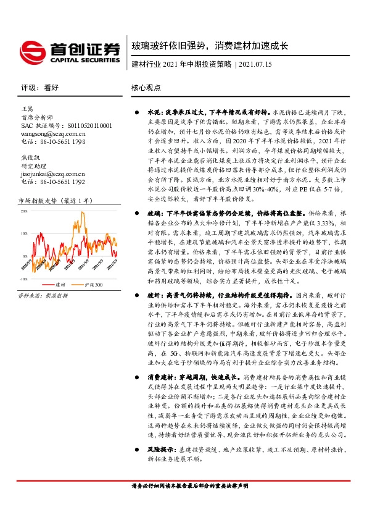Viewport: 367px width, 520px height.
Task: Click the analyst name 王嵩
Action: [x=28, y=109]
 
